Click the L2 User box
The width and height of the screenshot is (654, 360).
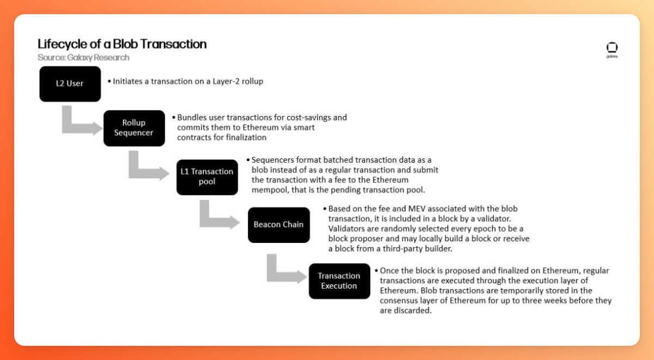[70, 84]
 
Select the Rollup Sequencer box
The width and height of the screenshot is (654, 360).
[134, 128]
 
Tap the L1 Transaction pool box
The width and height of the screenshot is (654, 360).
[207, 177]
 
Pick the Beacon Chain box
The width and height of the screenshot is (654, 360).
[278, 224]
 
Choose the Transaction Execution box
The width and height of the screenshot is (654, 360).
[339, 281]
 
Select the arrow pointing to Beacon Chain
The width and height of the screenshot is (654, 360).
[218, 218]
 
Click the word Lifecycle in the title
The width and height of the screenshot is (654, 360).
[60, 44]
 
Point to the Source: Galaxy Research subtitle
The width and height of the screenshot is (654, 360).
[83, 57]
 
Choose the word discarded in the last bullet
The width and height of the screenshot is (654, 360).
[413, 310]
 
